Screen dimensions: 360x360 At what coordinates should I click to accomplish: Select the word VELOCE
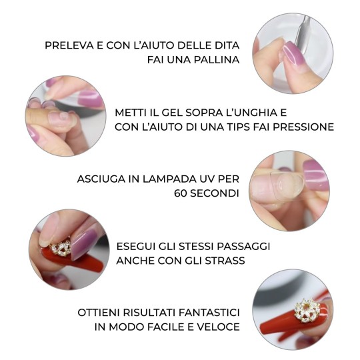[217, 327]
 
